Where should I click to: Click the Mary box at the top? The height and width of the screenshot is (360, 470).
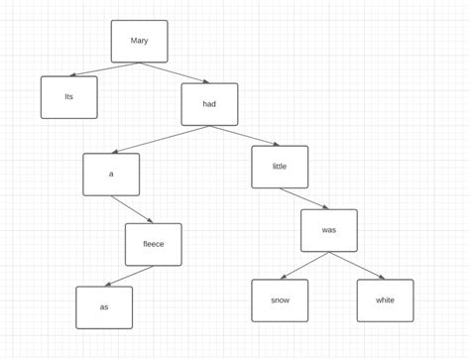[x=139, y=41]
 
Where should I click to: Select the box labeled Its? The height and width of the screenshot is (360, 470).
[x=68, y=97]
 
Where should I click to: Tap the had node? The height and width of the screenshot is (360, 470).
[x=209, y=104]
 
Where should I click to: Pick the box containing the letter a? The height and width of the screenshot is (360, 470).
[x=111, y=175]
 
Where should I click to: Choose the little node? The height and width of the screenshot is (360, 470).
[x=280, y=167]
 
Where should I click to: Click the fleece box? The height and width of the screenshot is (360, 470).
[x=153, y=244]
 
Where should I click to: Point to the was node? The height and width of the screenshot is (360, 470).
[x=329, y=230]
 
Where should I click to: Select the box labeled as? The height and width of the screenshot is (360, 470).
[x=104, y=307]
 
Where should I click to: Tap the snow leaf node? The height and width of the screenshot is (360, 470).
[x=280, y=300]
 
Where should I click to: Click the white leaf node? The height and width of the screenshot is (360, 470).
[x=385, y=300]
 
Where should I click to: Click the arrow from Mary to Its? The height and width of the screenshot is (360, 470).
[x=104, y=69]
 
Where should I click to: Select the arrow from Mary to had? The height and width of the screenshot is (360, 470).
[x=174, y=72]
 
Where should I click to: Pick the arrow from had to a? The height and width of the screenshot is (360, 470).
[x=161, y=139]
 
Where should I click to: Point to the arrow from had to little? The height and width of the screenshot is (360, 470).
[x=244, y=136]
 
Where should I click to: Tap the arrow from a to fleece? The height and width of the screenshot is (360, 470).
[x=132, y=209]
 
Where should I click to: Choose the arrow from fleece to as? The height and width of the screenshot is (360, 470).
[x=129, y=276]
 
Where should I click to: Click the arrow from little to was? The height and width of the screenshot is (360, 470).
[x=304, y=198]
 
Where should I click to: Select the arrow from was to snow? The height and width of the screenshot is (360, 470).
[x=304, y=266]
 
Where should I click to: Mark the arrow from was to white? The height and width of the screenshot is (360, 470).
[x=357, y=266]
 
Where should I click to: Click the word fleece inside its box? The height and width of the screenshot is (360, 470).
[x=153, y=244]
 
